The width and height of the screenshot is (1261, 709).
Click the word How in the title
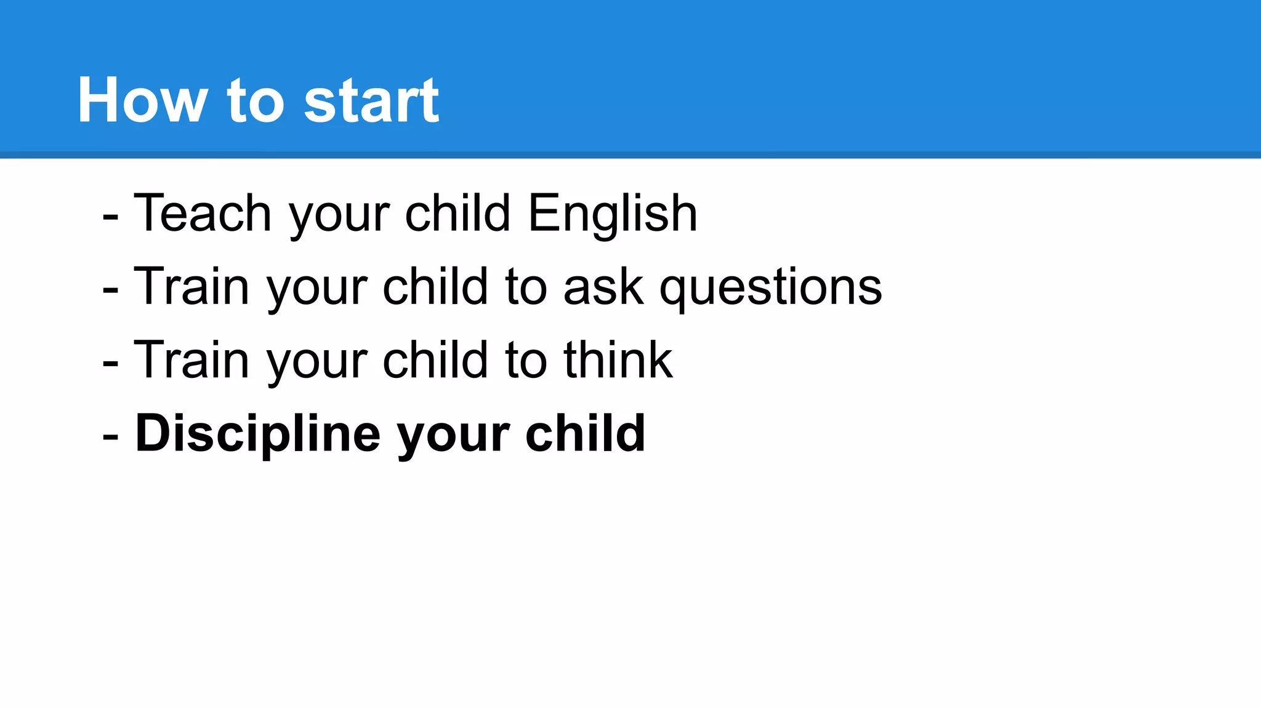[142, 100]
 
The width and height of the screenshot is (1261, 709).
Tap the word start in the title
[371, 100]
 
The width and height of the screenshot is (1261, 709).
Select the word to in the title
[256, 100]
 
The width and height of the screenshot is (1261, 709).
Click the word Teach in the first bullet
[203, 213]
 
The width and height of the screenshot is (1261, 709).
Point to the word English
[613, 214]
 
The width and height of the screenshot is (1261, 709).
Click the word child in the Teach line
[457, 213]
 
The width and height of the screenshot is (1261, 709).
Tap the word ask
[603, 287]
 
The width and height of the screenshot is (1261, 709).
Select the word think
[618, 359]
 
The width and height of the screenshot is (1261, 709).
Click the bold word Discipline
[257, 434]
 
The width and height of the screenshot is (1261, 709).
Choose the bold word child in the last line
[585, 433]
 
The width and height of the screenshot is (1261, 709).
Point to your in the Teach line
[339, 215]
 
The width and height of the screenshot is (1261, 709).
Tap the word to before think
[526, 360]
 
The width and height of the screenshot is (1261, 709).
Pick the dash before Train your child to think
[111, 363]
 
